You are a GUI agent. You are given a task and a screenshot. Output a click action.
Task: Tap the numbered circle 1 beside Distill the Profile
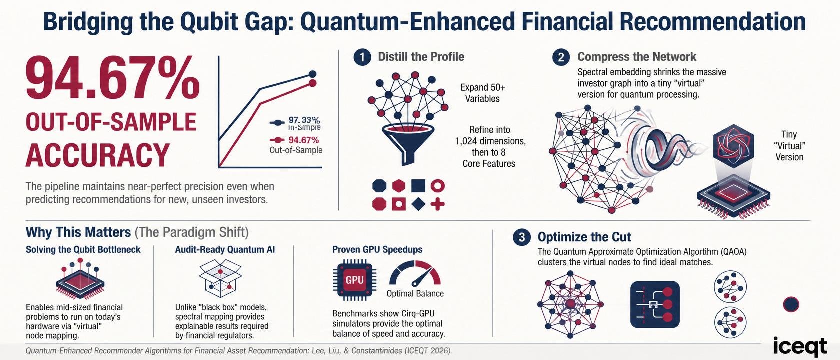(362, 57)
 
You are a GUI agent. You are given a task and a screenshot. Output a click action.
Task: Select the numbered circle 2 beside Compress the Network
(561, 57)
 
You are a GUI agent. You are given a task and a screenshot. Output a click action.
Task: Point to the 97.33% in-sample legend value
(304, 120)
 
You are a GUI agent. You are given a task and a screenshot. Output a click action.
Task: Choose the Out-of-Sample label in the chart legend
(296, 150)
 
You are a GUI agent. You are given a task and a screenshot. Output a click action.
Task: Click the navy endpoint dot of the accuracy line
(313, 74)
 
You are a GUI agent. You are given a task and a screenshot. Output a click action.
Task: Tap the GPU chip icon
(355, 280)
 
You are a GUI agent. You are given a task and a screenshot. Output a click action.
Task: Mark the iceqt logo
(800, 346)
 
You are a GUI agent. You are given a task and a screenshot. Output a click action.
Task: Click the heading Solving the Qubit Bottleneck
(83, 250)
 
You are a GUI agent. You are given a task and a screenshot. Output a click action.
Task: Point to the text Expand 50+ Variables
(483, 93)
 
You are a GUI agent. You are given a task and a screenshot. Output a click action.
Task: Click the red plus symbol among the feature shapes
(437, 204)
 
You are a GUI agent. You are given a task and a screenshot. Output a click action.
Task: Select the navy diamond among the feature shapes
(418, 204)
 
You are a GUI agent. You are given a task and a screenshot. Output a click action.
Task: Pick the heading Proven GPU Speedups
(377, 250)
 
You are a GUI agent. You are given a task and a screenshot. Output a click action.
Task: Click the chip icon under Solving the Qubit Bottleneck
(80, 281)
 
